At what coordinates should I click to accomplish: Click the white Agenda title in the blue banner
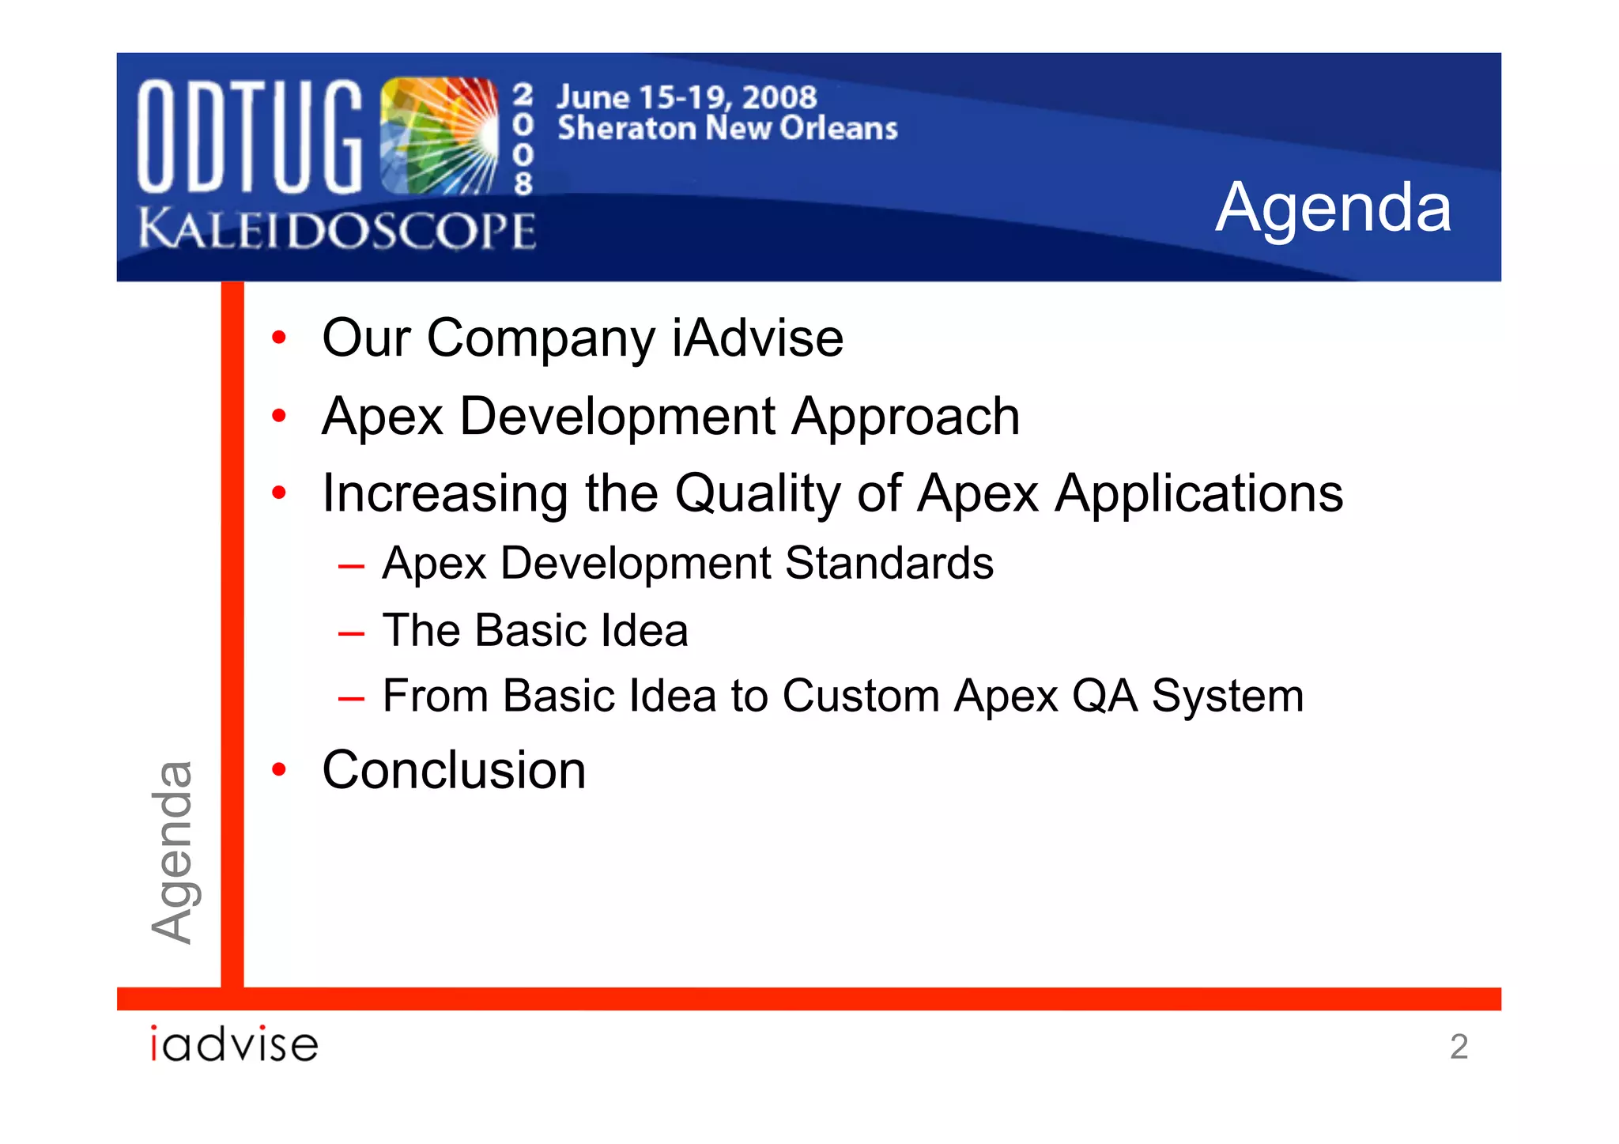[1333, 207]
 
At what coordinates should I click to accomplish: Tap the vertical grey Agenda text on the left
[172, 851]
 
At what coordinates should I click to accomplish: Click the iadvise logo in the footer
[234, 1044]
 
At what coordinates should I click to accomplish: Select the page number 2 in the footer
[1459, 1047]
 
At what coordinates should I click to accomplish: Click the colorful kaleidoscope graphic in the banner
[439, 135]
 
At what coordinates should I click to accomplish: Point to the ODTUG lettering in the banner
[249, 137]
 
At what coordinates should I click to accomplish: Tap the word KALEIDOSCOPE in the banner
[337, 230]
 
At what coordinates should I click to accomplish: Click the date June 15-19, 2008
[686, 97]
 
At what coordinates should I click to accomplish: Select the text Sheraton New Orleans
[727, 128]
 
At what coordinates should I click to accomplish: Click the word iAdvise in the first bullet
[757, 338]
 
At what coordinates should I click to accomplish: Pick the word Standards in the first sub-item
[889, 564]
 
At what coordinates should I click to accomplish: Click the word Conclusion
[454, 770]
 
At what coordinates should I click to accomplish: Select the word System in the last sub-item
[1227, 696]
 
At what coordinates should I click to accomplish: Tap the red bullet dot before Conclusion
[278, 769]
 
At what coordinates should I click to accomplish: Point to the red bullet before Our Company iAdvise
[278, 338]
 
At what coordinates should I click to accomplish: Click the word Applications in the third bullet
[1198, 493]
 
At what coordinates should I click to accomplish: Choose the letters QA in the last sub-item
[1104, 696]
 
